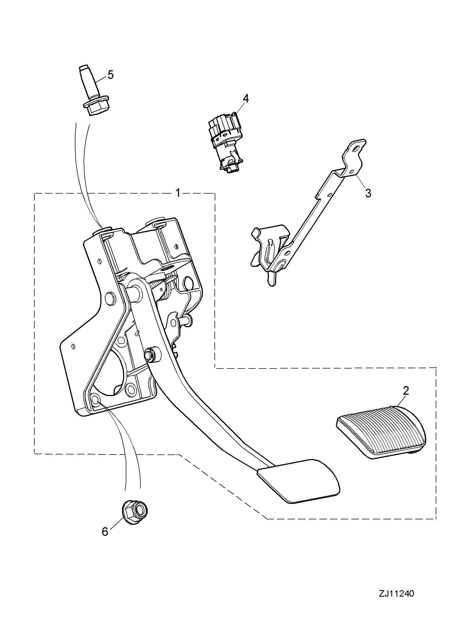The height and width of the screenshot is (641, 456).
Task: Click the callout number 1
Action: pyautogui.click(x=178, y=193)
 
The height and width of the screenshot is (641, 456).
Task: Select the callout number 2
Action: pyautogui.click(x=406, y=391)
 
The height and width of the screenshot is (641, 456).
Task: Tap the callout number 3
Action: pyautogui.click(x=368, y=193)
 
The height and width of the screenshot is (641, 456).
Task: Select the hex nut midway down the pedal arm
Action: pyautogui.click(x=151, y=354)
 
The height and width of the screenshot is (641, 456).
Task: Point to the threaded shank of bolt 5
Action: pyautogui.click(x=88, y=81)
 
